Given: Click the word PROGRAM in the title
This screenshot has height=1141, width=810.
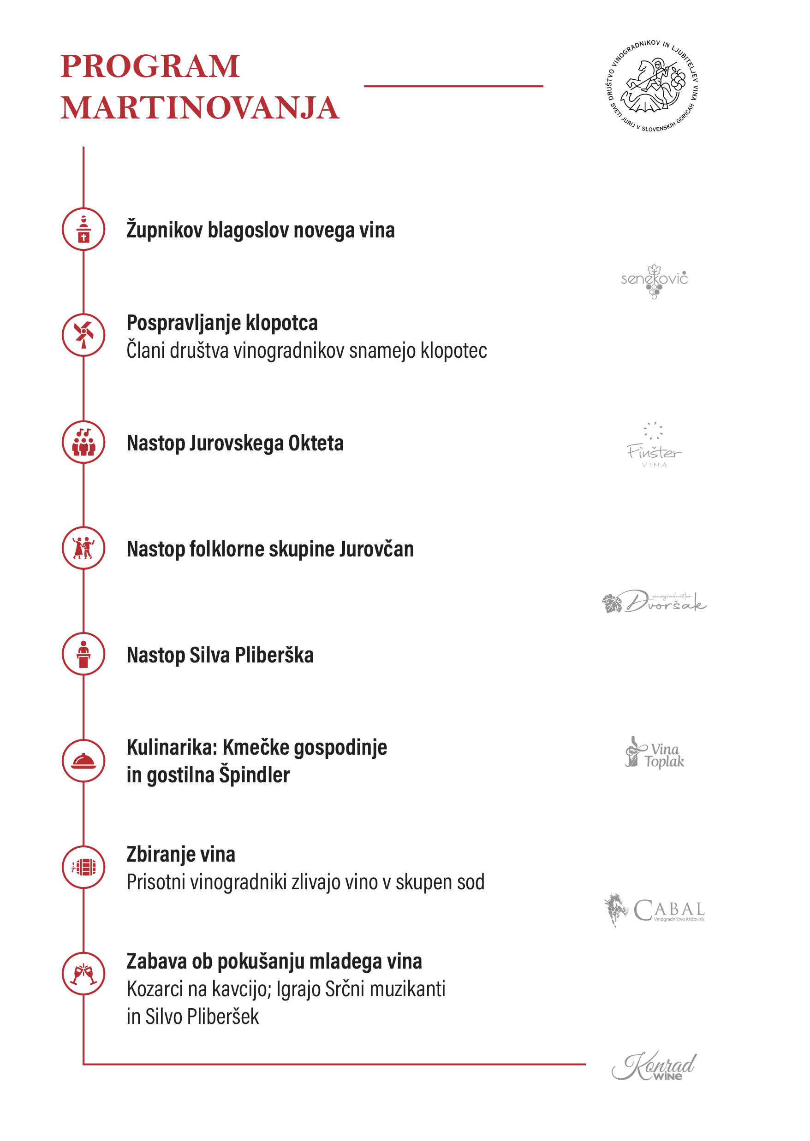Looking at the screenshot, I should (x=149, y=66).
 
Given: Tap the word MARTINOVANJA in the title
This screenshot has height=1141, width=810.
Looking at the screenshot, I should (x=200, y=108).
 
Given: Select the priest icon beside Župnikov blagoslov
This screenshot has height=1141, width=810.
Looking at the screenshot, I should (x=84, y=229).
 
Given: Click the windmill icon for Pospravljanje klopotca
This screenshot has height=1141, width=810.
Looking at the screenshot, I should (x=84, y=335).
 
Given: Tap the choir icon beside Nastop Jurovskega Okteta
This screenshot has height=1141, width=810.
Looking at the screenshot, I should (x=84, y=442).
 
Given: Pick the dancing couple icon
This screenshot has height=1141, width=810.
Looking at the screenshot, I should (x=84, y=548).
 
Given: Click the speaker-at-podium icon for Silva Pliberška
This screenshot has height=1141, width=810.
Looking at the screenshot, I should (x=84, y=654).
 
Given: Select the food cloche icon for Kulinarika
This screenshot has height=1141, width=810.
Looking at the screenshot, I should (x=84, y=761).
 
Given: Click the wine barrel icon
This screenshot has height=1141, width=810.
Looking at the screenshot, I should (x=84, y=867).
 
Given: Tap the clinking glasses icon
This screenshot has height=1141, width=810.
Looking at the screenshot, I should (x=84, y=974).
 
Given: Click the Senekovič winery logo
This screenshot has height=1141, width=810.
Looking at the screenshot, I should (x=654, y=281).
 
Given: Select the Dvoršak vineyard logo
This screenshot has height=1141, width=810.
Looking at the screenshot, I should (x=654, y=602).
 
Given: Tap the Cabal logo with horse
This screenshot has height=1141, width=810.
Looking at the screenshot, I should (x=654, y=910).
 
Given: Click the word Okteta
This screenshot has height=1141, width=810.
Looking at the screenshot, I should (x=316, y=443).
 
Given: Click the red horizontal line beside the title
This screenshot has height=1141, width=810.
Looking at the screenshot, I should (x=453, y=86).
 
